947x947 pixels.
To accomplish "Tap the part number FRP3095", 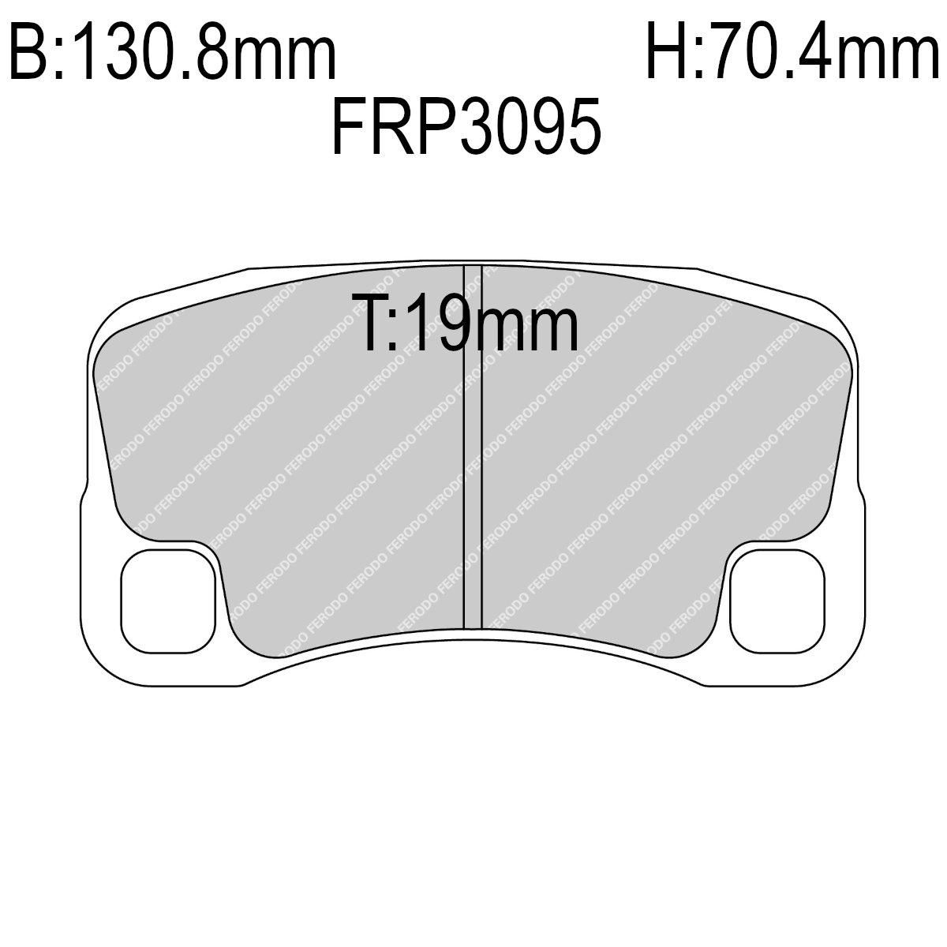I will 466,126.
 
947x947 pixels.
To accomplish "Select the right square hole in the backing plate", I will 777,601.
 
